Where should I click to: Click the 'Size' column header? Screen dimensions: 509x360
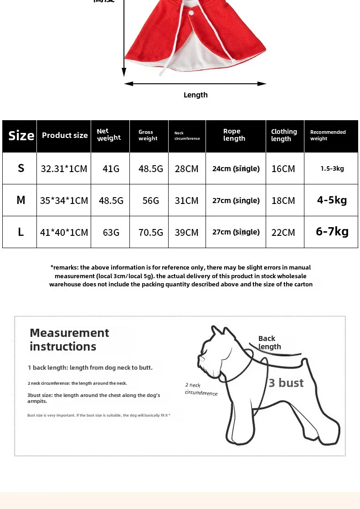point(21,136)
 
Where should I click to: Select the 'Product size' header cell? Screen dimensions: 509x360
point(65,135)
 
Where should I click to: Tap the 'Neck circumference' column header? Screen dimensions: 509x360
point(187,136)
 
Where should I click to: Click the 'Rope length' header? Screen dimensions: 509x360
point(234,135)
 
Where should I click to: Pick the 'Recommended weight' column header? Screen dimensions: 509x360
point(328,135)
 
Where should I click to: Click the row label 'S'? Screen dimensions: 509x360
point(21,168)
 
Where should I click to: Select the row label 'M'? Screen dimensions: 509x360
point(21,200)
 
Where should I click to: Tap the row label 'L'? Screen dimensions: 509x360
point(21,232)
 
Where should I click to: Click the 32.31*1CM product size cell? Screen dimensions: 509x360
point(64,168)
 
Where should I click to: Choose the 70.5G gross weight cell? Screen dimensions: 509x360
point(150,232)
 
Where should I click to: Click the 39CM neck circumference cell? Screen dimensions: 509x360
point(187,232)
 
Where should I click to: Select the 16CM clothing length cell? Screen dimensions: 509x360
point(283,168)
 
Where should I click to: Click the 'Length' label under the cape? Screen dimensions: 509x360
point(195,95)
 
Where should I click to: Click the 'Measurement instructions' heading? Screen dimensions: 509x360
point(69,340)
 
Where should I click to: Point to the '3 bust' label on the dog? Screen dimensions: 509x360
point(286,383)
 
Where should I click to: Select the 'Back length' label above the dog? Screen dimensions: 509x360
point(269,342)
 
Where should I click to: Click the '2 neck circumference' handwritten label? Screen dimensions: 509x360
point(201,389)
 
